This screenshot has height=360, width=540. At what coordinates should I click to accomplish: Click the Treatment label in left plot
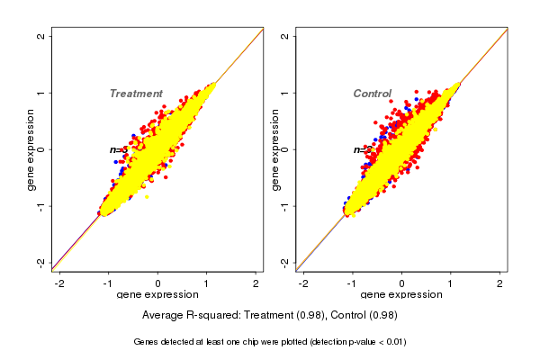tap(136, 94)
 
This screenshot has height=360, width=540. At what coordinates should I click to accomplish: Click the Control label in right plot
tap(372, 94)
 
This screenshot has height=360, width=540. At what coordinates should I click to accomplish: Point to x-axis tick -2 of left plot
tap(59, 283)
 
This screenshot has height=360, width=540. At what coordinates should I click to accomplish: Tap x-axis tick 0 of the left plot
tap(157, 283)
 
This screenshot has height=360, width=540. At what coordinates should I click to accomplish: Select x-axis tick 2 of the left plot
tap(256, 283)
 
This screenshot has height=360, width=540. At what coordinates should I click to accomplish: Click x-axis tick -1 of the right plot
tap(352, 283)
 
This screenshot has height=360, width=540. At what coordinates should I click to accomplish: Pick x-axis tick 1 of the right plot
tap(451, 283)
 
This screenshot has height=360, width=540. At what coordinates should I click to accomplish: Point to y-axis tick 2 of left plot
tap(40, 36)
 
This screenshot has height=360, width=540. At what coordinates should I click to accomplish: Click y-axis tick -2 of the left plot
tap(40, 262)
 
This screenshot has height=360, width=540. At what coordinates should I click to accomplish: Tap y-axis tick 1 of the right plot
tap(284, 93)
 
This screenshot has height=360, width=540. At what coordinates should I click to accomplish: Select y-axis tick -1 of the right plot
tap(284, 205)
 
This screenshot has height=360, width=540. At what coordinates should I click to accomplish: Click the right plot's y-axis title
tap(274, 149)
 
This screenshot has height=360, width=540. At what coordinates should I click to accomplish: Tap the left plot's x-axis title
tap(157, 295)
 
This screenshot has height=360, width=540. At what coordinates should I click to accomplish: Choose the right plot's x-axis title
tap(401, 295)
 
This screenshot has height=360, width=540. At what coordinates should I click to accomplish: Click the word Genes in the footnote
tap(147, 342)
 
